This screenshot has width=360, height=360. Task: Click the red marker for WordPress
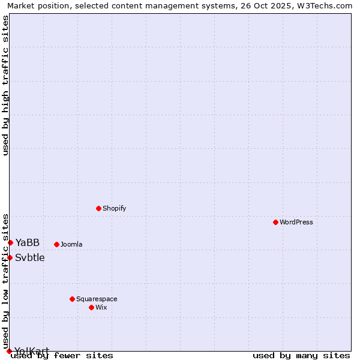pos(275,222)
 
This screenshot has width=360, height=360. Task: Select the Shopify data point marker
pos(98,208)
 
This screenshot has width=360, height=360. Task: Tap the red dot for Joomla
pos(56,244)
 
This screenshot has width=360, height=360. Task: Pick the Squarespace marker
pos(72,299)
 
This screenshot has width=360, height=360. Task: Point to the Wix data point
pos(91,307)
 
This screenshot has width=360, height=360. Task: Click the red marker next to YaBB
pos(10,242)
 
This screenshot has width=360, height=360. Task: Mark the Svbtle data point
pos(10,257)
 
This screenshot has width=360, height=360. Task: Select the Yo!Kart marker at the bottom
pos(9,351)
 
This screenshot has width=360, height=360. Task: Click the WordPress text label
pos(296,222)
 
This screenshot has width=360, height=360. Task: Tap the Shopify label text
pos(114,208)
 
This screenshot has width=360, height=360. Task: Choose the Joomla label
pos(71,244)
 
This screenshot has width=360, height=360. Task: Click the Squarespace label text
pos(97,299)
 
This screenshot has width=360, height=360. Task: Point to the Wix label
pos(101,307)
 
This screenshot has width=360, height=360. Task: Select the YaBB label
pos(28,242)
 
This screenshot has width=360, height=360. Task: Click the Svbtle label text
pos(30,257)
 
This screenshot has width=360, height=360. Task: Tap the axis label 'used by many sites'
pos(301,355)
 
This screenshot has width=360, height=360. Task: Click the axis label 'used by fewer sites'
pos(62,355)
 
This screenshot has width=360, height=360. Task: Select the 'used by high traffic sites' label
pos(5,85)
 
